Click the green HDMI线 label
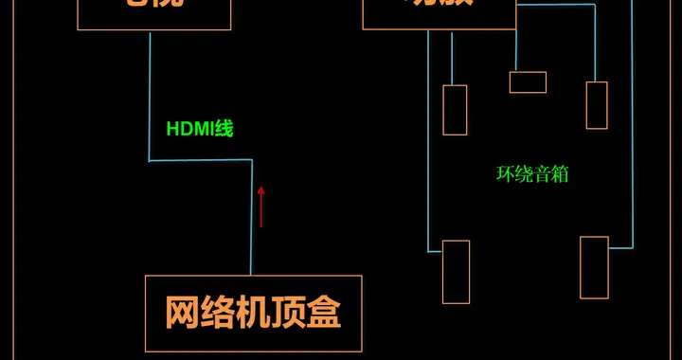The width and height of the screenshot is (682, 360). pyautogui.click(x=200, y=129)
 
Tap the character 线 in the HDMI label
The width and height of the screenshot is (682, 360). pyautogui.click(x=224, y=129)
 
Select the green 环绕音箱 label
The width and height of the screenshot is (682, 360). pyautogui.click(x=532, y=174)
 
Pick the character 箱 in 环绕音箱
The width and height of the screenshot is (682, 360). pyautogui.click(x=560, y=174)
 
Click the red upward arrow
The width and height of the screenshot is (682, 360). pyautogui.click(x=261, y=206)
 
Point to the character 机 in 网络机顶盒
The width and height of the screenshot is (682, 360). pyautogui.click(x=253, y=312)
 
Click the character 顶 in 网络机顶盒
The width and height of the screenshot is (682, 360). pyautogui.click(x=288, y=312)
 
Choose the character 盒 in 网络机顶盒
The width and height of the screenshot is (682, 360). pyautogui.click(x=323, y=312)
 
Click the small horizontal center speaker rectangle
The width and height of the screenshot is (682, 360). pyautogui.click(x=528, y=82)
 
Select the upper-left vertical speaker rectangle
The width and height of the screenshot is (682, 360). pyautogui.click(x=455, y=110)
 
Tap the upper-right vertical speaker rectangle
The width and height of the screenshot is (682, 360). pyautogui.click(x=597, y=105)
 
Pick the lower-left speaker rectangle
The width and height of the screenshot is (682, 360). pyautogui.click(x=456, y=272)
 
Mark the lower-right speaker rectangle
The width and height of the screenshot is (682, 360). pyautogui.click(x=594, y=268)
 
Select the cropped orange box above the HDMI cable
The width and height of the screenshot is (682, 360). pyautogui.click(x=154, y=13)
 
